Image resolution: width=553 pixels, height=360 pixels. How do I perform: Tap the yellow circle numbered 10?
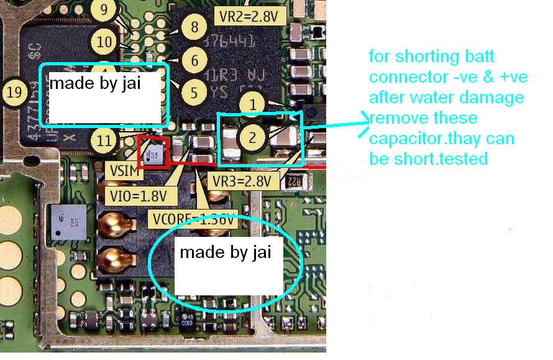(x=106, y=42)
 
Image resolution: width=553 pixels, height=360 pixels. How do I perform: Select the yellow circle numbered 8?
(x=194, y=27)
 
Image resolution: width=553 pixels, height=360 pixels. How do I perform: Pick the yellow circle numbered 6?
(x=194, y=61)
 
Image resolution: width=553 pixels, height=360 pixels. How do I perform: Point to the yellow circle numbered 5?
(x=194, y=93)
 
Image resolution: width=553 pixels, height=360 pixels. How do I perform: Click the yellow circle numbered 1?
(x=252, y=105)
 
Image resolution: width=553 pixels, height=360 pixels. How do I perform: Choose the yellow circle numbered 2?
(x=252, y=137)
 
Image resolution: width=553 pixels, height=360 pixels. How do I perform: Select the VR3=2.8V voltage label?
(x=241, y=182)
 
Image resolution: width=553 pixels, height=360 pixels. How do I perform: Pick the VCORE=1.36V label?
(x=193, y=219)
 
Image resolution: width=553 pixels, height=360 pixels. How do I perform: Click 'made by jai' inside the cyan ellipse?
(x=226, y=253)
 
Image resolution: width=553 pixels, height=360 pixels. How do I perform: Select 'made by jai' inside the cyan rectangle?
(x=95, y=83)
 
